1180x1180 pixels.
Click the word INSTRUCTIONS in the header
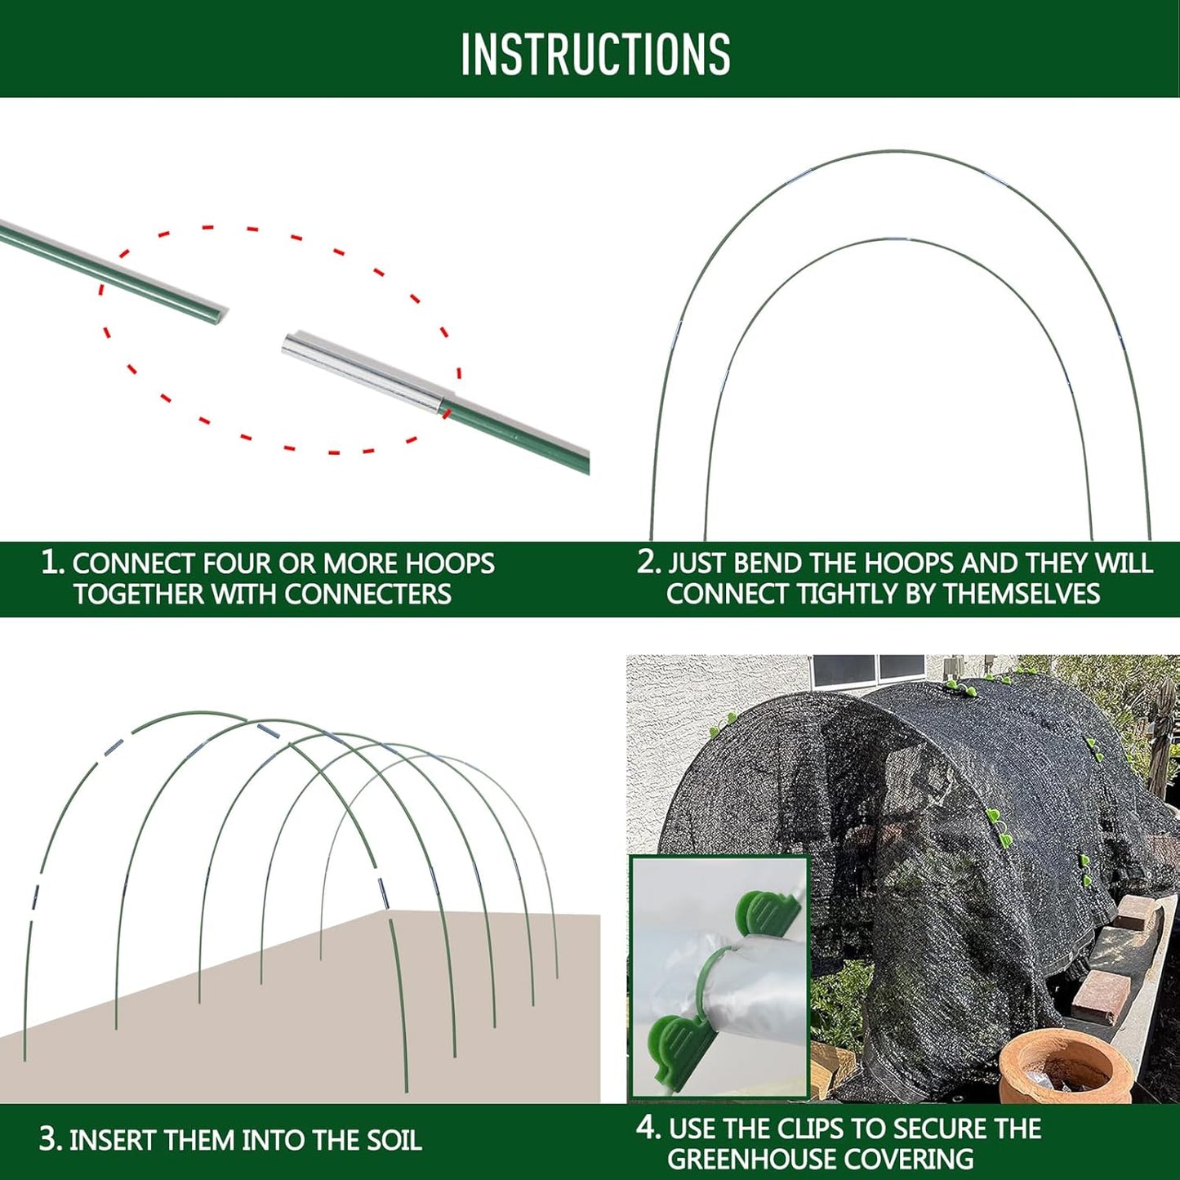[595, 55]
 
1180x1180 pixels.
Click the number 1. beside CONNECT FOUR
[51, 562]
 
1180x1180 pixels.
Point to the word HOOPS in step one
[450, 563]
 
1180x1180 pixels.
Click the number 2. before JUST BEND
[648, 562]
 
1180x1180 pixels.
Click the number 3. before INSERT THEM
[50, 1140]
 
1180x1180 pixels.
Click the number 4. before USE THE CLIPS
[648, 1128]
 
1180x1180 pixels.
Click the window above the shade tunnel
[869, 670]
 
